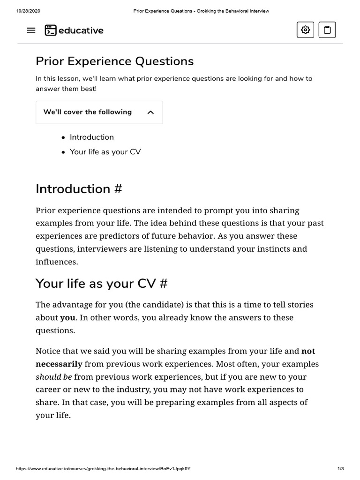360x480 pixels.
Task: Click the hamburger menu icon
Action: click(x=31, y=30)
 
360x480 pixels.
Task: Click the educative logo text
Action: click(x=81, y=30)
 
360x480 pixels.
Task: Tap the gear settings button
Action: click(x=306, y=30)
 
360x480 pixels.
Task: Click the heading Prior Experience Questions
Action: click(x=114, y=61)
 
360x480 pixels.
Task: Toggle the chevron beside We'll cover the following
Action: click(x=150, y=112)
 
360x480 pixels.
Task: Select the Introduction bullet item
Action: click(x=92, y=137)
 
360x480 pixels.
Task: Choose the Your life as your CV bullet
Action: click(x=105, y=152)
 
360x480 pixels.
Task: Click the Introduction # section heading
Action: click(x=79, y=189)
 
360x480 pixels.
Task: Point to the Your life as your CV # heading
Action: click(x=101, y=284)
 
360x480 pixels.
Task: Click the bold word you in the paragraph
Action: click(x=67, y=318)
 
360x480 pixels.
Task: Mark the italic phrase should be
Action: click(x=54, y=377)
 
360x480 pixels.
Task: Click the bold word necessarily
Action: click(x=59, y=364)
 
